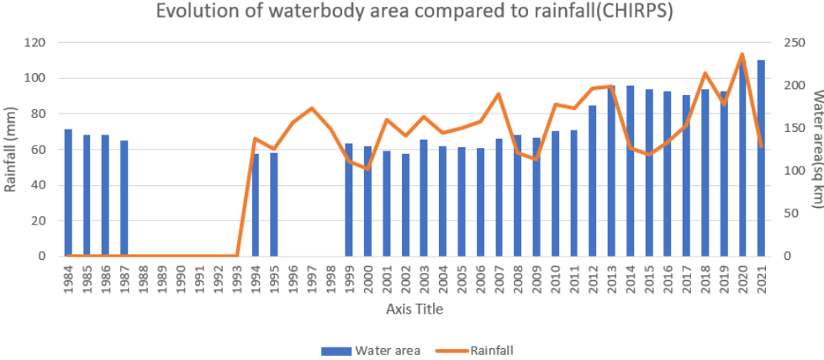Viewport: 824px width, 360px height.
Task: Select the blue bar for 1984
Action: pyautogui.click(x=68, y=193)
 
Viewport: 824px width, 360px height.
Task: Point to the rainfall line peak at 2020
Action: pyautogui.click(x=742, y=55)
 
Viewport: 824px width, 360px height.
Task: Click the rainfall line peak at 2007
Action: pyautogui.click(x=499, y=94)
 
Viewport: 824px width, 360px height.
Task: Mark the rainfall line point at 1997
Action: pyautogui.click(x=312, y=109)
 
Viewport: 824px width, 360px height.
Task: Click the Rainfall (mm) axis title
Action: pyautogui.click(x=11, y=150)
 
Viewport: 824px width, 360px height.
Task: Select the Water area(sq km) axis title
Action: pyautogui.click(x=814, y=150)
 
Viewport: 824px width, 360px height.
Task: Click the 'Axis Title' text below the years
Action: pyautogui.click(x=415, y=309)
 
